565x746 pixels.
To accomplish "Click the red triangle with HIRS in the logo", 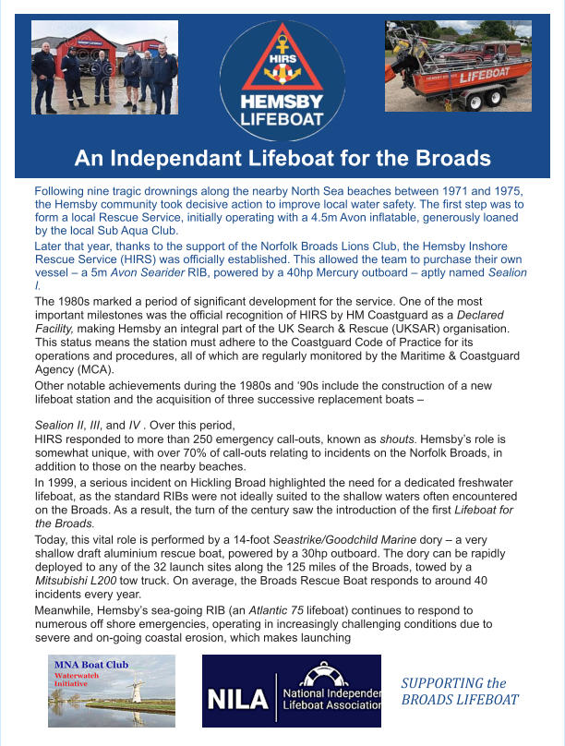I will tap(282, 57).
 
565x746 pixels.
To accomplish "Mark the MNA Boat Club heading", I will tap(90, 664).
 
